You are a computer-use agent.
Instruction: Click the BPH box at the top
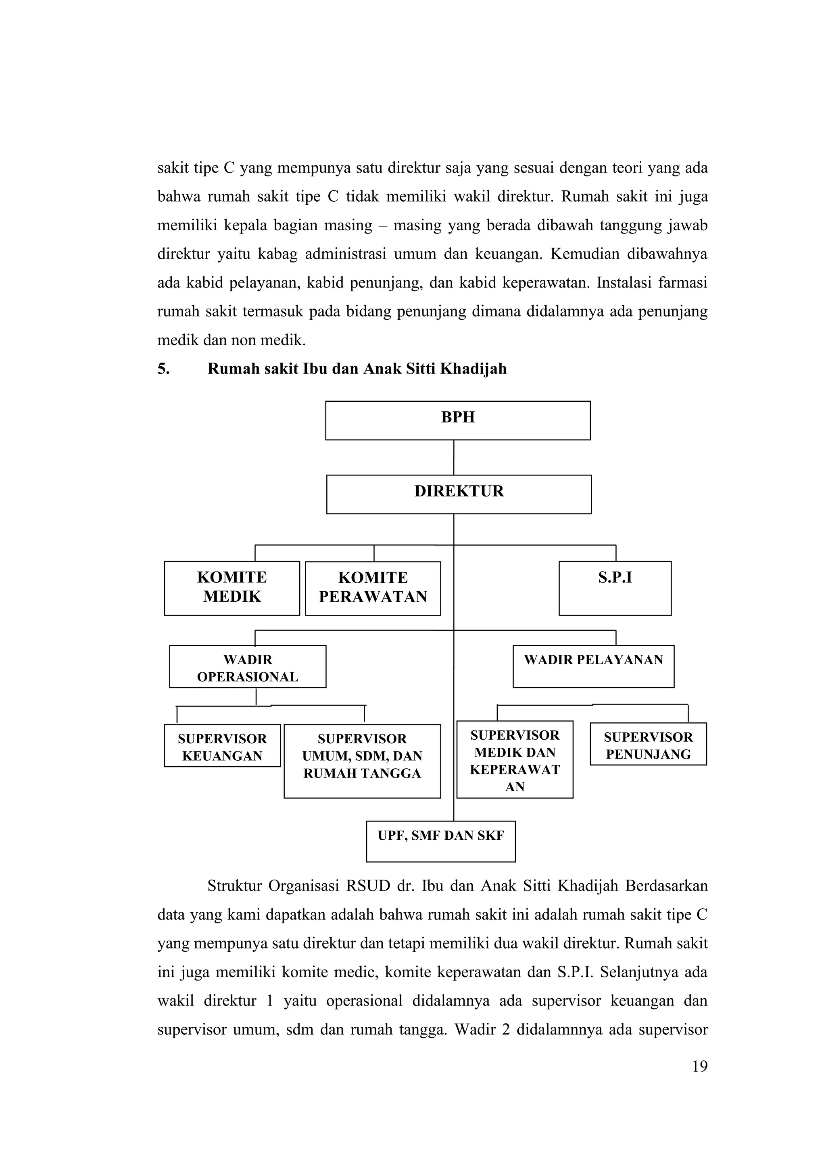tap(458, 420)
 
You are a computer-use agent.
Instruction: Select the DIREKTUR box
tap(459, 494)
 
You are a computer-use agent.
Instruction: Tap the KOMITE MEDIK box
tap(232, 588)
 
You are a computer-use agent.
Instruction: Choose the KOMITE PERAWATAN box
tap(373, 588)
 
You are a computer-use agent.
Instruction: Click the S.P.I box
tap(615, 588)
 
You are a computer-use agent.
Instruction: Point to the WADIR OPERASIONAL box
tap(248, 666)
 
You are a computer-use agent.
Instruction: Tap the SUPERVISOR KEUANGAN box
tap(222, 745)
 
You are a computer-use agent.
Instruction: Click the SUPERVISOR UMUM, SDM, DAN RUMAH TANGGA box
tap(362, 761)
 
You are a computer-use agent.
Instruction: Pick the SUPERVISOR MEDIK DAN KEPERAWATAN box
tap(515, 759)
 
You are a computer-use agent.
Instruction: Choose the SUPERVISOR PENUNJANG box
tap(648, 744)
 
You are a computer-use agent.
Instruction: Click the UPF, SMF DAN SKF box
tap(440, 841)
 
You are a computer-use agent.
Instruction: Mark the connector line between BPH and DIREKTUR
tap(454, 457)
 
